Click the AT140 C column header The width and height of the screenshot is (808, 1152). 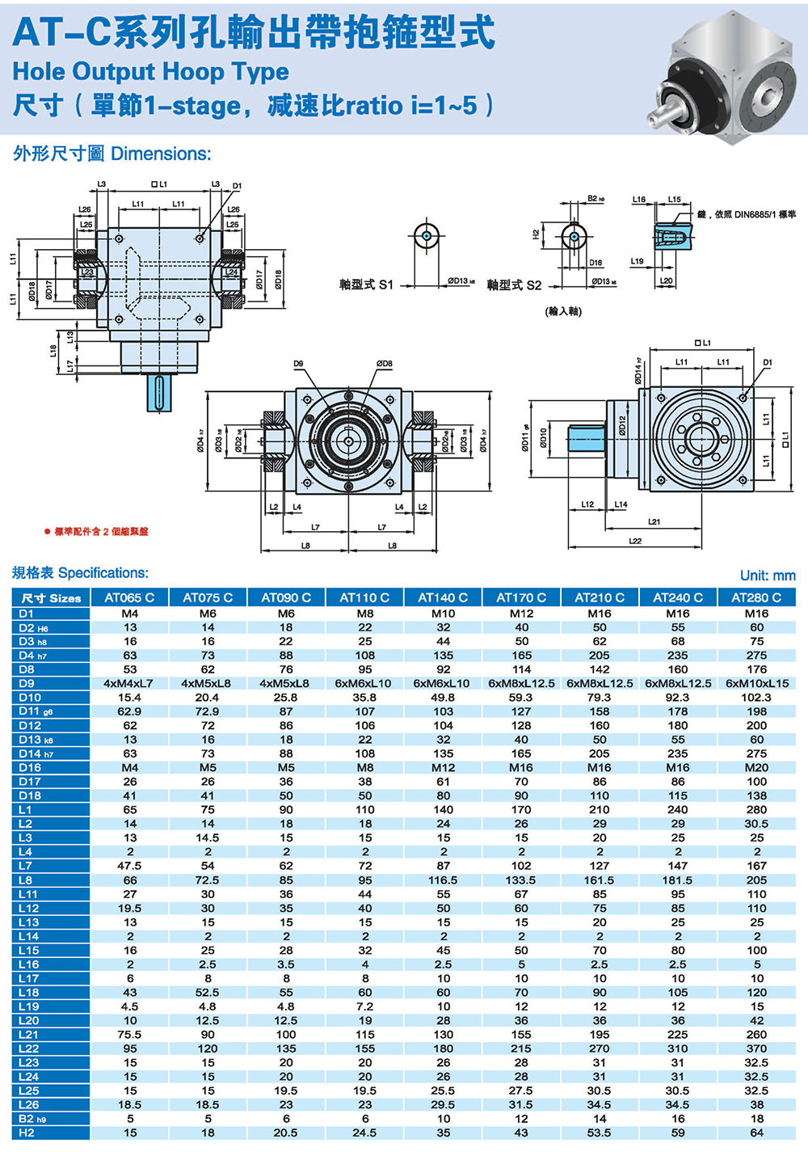[443, 597]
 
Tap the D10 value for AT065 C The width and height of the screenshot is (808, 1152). [129, 697]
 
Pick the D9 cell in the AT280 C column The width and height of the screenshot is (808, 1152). [756, 683]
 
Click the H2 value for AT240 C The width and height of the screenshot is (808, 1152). [677, 1133]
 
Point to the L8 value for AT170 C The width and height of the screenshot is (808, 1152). [521, 880]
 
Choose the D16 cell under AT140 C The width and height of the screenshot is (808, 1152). [443, 767]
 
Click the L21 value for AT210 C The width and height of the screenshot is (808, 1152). [599, 1034]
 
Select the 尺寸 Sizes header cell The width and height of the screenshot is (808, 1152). [51, 598]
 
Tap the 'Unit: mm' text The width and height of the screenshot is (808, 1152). [767, 576]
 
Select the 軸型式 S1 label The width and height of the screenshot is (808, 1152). [366, 285]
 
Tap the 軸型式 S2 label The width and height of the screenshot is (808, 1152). [514, 285]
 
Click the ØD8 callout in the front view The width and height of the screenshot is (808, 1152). [384, 365]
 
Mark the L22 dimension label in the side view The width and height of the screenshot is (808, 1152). [635, 541]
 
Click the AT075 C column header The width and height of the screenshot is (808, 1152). [208, 597]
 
